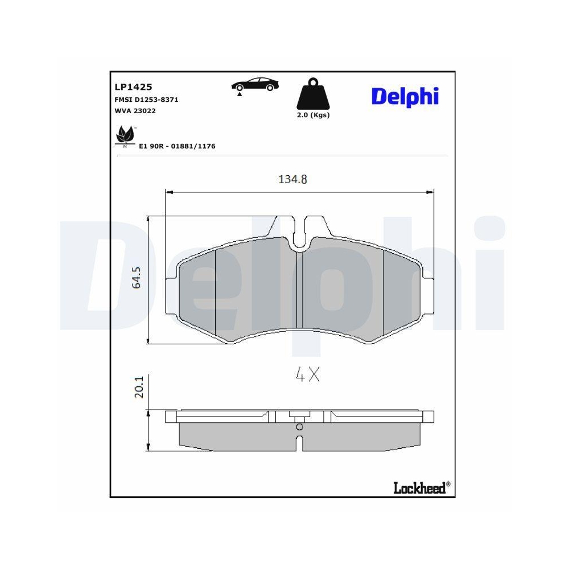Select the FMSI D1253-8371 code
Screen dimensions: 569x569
[147, 100]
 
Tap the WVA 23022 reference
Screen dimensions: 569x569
[135, 111]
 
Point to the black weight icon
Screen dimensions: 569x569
[313, 94]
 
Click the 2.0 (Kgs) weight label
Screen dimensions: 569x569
[313, 115]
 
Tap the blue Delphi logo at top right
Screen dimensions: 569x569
[405, 96]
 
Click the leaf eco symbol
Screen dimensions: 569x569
[125, 136]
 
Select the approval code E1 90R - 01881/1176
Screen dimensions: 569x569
[177, 146]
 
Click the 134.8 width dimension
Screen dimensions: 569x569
[293, 180]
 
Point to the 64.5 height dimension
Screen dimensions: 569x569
[137, 278]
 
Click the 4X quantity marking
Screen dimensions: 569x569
[308, 375]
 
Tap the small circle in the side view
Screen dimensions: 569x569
[300, 427]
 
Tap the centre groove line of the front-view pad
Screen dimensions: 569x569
[300, 296]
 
